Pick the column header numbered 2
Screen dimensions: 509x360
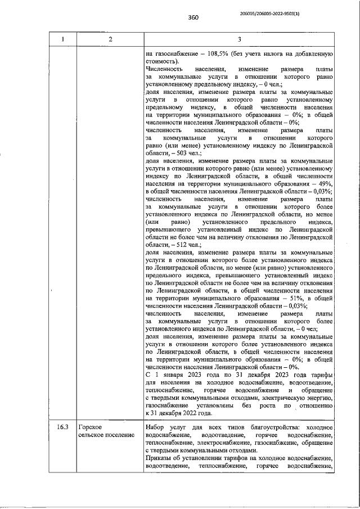pos(110,39)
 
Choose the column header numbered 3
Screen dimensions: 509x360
pos(239,39)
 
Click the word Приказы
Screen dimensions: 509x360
pos(159,458)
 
